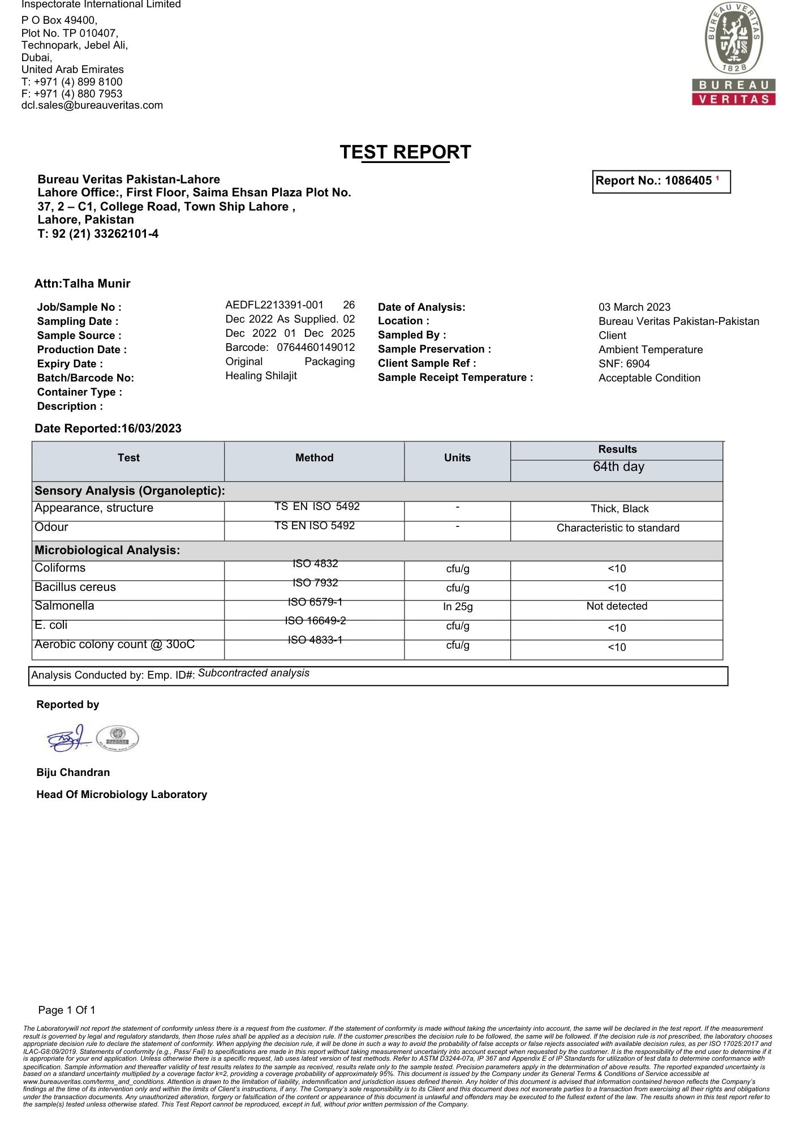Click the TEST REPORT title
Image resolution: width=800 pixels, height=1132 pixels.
pyautogui.click(x=405, y=152)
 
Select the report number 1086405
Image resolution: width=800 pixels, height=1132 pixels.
pyautogui.click(x=688, y=181)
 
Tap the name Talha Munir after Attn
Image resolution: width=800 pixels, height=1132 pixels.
pyautogui.click(x=97, y=284)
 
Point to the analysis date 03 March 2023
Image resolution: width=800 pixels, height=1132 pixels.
pyautogui.click(x=634, y=307)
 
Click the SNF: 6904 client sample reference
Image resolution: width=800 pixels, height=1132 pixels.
pyautogui.click(x=624, y=364)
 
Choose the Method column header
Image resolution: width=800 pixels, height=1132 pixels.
pyautogui.click(x=314, y=458)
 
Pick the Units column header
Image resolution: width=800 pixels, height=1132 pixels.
pyautogui.click(x=457, y=458)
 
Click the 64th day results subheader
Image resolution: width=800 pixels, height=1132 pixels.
pyautogui.click(x=618, y=467)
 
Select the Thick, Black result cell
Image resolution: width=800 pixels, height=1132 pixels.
pyautogui.click(x=620, y=509)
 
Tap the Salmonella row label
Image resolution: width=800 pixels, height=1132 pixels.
pyautogui.click(x=64, y=606)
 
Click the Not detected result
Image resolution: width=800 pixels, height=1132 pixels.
pyautogui.click(x=617, y=606)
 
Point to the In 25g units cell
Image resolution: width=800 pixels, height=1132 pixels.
pyautogui.click(x=458, y=607)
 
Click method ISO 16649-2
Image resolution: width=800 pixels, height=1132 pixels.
pyautogui.click(x=315, y=621)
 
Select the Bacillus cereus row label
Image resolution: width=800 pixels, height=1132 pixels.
pyautogui.click(x=75, y=588)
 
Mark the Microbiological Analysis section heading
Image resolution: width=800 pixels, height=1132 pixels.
pyautogui.click(x=107, y=550)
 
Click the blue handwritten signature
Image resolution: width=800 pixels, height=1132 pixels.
pyautogui.click(x=68, y=738)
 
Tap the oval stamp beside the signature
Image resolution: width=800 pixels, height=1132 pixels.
pyautogui.click(x=118, y=738)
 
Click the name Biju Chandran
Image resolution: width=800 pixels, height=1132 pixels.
pyautogui.click(x=73, y=773)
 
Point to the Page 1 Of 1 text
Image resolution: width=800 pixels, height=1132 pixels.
pyautogui.click(x=67, y=1010)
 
